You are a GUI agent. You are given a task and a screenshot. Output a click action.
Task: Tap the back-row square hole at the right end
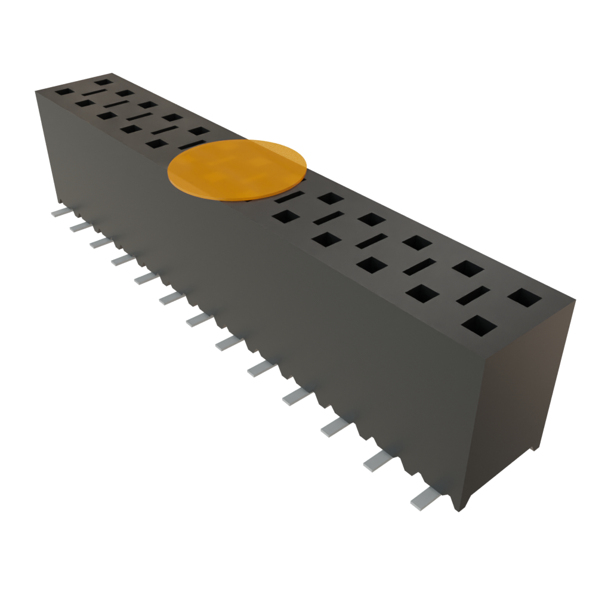coord(524,297)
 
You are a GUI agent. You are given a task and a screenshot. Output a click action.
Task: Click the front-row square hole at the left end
coord(63,92)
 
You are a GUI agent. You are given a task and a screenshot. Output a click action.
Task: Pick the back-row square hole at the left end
coord(103,81)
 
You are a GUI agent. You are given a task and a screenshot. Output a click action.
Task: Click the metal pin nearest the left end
coord(60,212)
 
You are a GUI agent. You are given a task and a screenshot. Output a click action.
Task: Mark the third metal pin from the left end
coord(100,242)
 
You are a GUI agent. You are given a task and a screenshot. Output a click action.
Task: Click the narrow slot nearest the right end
coord(473,295)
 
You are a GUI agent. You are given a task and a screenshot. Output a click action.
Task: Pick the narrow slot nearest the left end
coord(93,94)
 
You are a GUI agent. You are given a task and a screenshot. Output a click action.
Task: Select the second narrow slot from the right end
coord(419,267)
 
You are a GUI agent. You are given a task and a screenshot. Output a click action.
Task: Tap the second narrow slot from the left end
coord(115,106)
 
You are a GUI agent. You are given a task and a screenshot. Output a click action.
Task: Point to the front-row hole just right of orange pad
coord(285,215)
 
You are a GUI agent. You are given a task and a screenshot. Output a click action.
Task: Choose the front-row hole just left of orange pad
coord(157,143)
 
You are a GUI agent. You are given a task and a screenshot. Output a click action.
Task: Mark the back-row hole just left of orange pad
coord(198,131)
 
